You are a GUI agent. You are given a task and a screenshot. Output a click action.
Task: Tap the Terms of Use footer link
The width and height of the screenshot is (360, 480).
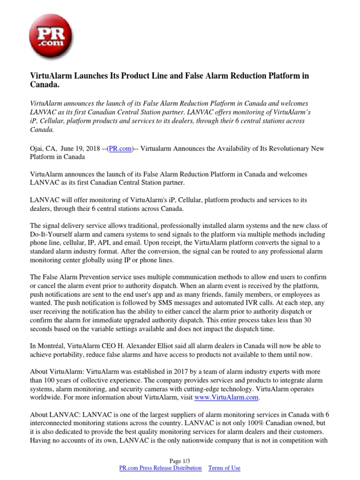pyautogui.click(x=224, y=468)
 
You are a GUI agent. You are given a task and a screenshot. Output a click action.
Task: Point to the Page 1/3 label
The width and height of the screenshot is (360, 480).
pyautogui.click(x=180, y=461)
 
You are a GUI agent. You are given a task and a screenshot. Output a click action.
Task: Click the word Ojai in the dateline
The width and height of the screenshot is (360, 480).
pyautogui.click(x=37, y=149)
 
